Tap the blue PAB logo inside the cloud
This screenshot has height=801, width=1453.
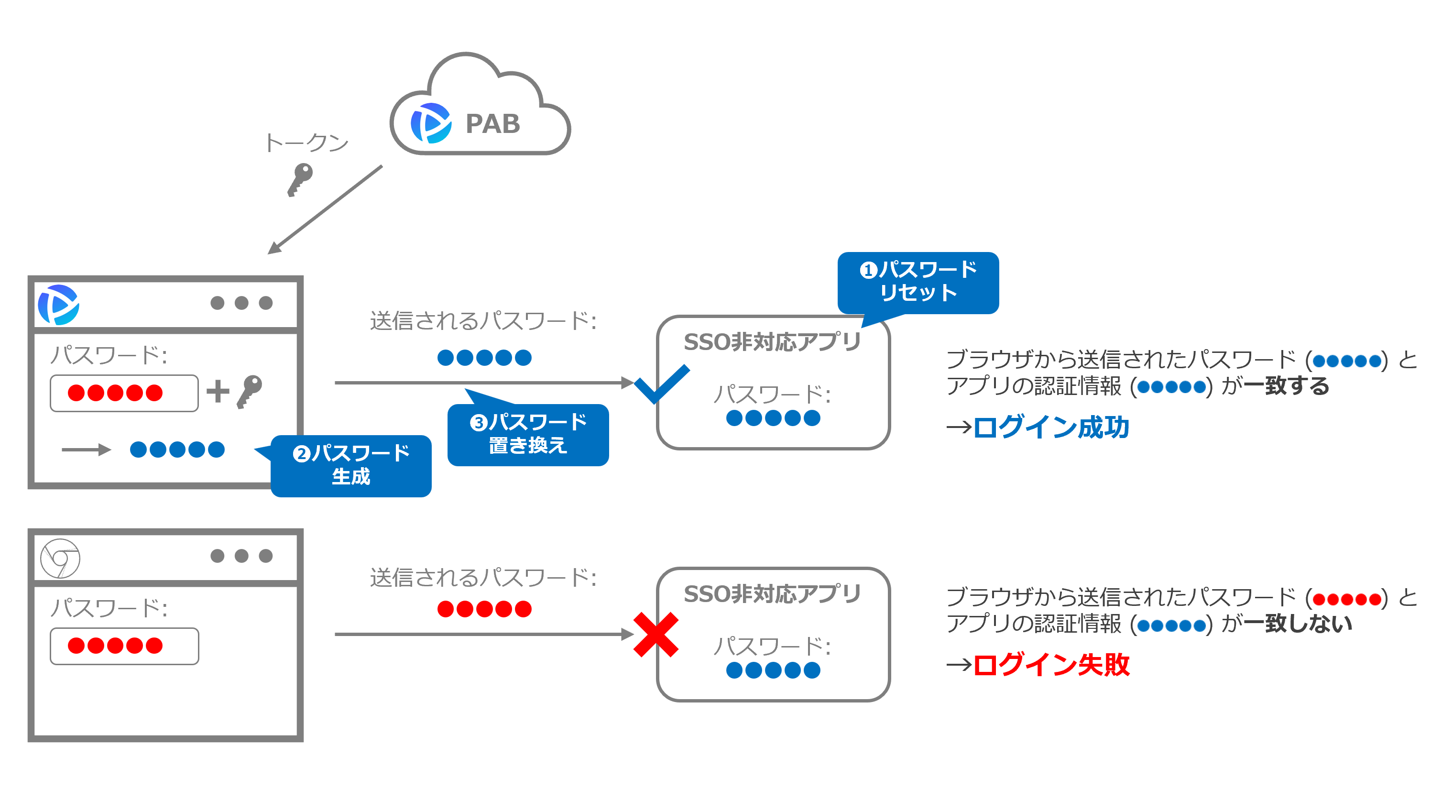click(x=431, y=123)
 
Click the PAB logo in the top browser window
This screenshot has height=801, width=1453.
click(x=59, y=305)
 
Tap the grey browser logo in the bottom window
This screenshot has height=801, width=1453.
click(x=60, y=559)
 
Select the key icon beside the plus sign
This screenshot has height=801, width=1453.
click(x=249, y=391)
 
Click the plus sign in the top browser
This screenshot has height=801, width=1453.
click(x=218, y=392)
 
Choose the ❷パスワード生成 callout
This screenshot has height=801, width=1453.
click(x=351, y=465)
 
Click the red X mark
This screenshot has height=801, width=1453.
click(x=655, y=635)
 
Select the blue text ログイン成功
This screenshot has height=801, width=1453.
click(x=1051, y=427)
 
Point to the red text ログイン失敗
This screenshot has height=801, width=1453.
click(x=1051, y=665)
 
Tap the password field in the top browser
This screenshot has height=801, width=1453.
click(x=124, y=393)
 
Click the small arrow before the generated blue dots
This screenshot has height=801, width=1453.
click(x=86, y=450)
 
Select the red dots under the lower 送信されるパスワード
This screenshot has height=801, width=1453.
click(x=484, y=609)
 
